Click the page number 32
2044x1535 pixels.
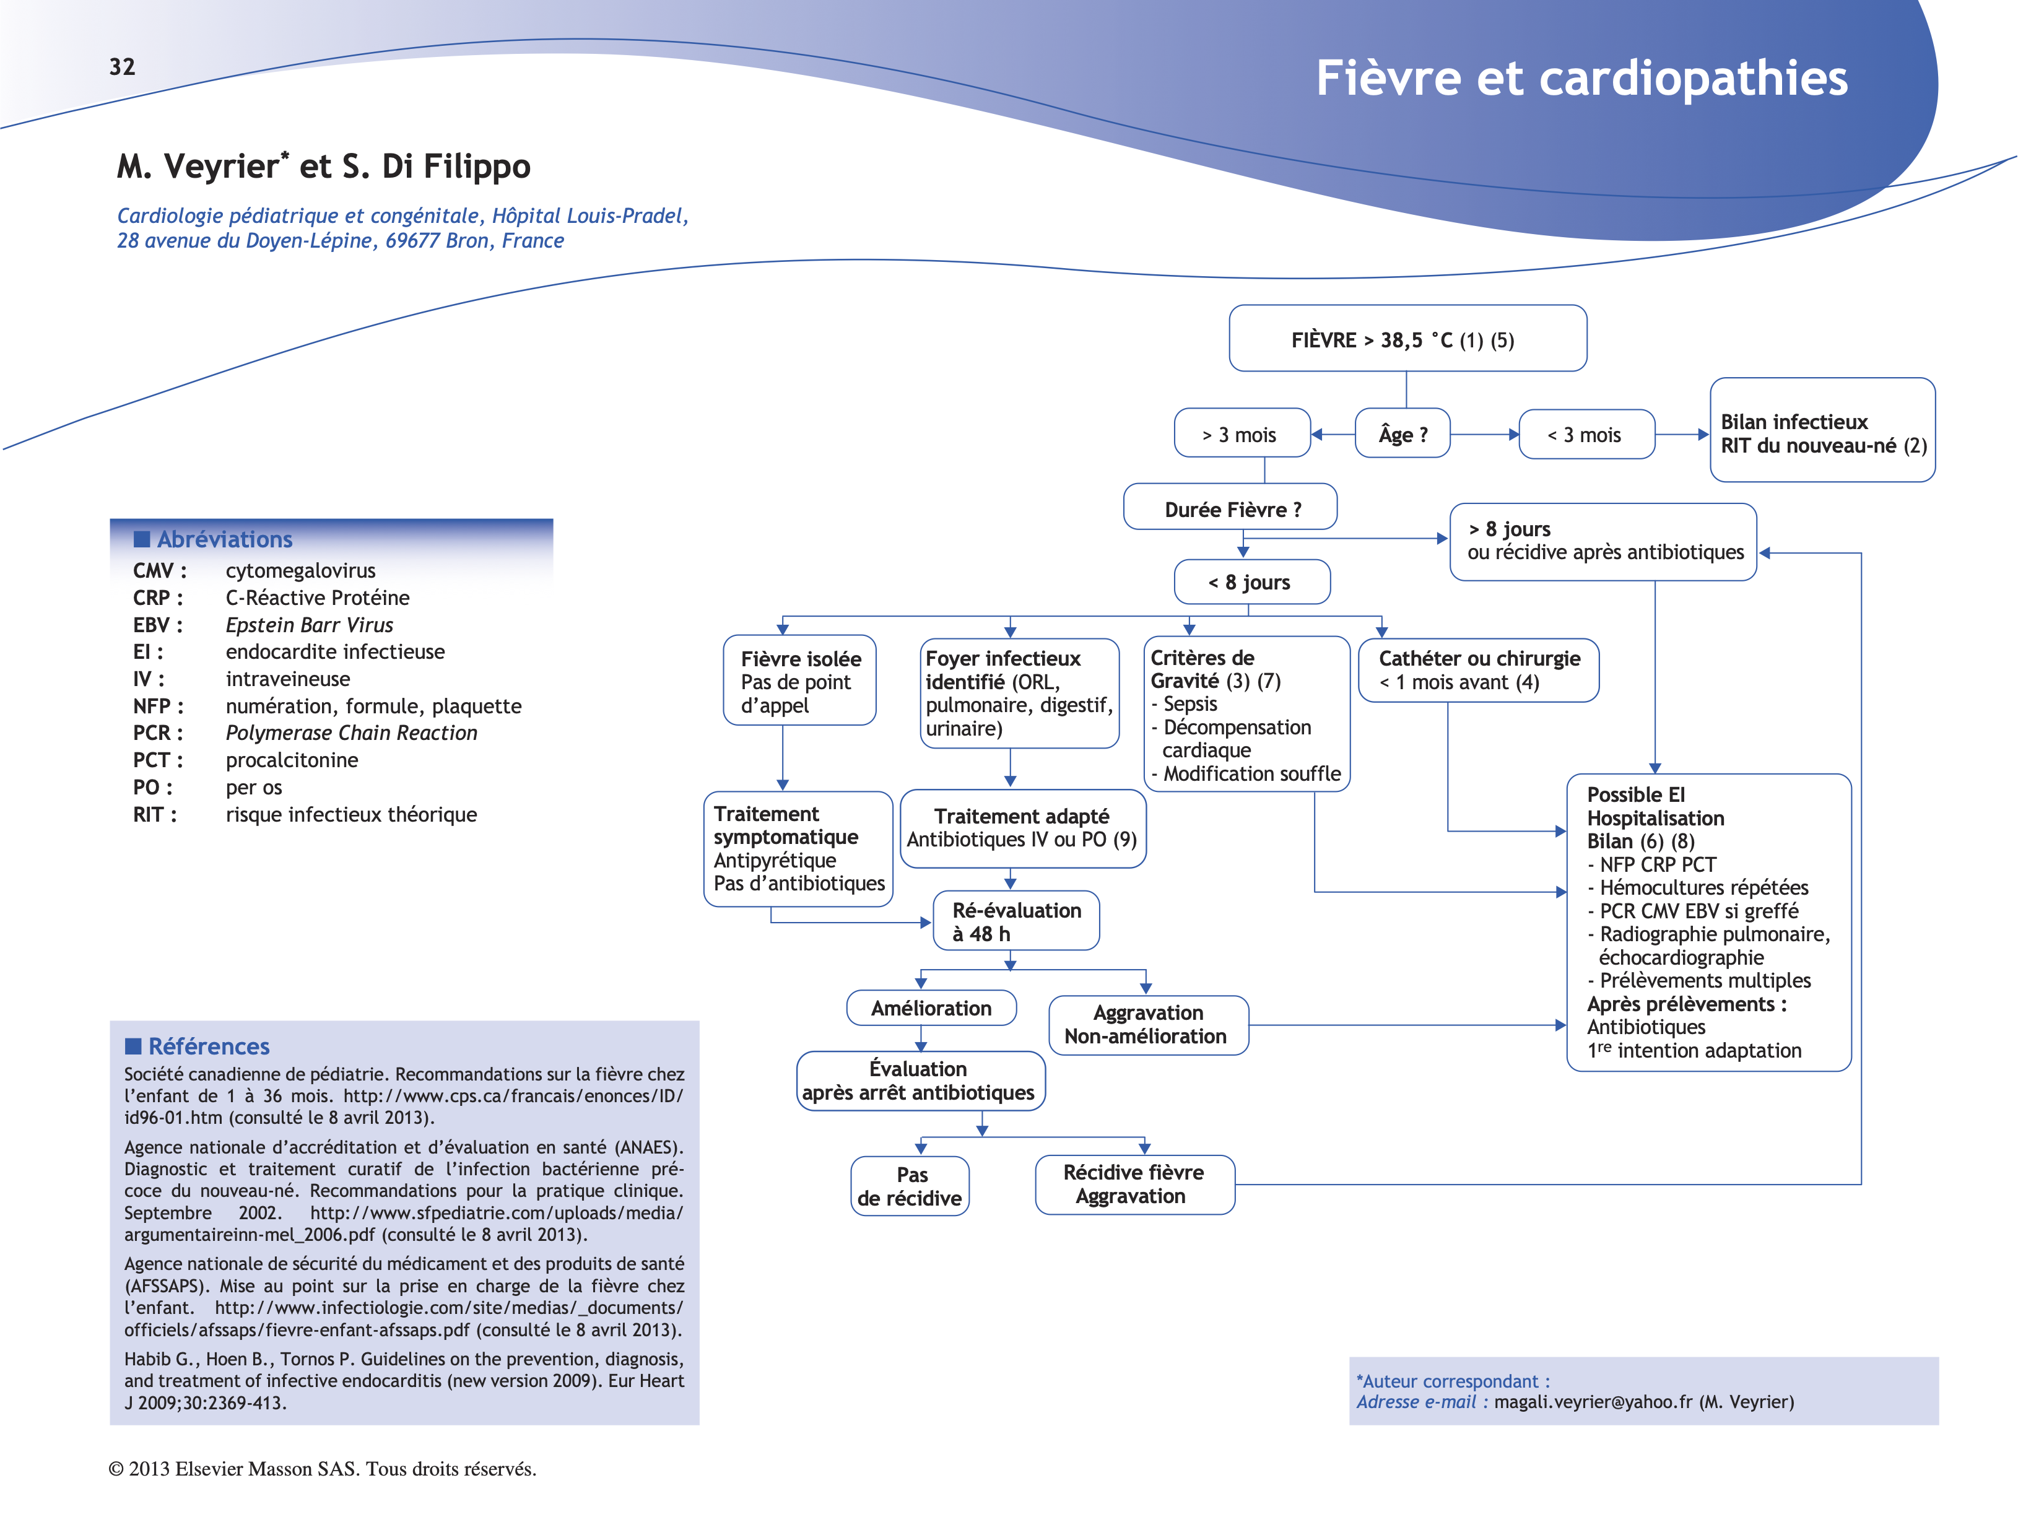tap(122, 66)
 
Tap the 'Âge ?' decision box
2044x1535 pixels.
tap(1402, 434)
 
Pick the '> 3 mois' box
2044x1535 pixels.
tap(1240, 434)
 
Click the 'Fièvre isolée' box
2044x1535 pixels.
tap(799, 681)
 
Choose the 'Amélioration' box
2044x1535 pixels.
tap(931, 1008)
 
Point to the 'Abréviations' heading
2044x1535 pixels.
tap(225, 539)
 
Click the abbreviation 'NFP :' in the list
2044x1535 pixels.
tap(158, 706)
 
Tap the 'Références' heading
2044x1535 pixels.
tap(209, 1046)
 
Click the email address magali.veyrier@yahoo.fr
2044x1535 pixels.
tap(1592, 1402)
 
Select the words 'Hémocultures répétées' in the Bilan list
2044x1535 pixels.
tap(1703, 887)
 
